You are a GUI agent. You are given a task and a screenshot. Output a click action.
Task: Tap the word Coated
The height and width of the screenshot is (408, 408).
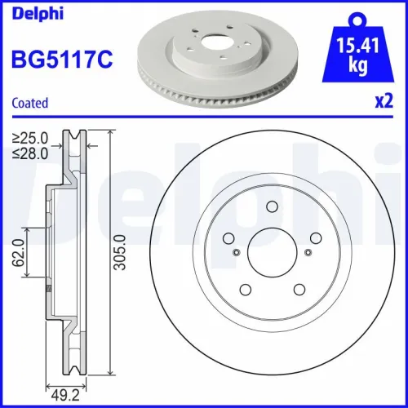pyautogui.click(x=29, y=103)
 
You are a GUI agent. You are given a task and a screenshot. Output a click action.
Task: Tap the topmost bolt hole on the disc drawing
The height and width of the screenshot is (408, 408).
pyautogui.click(x=271, y=207)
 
